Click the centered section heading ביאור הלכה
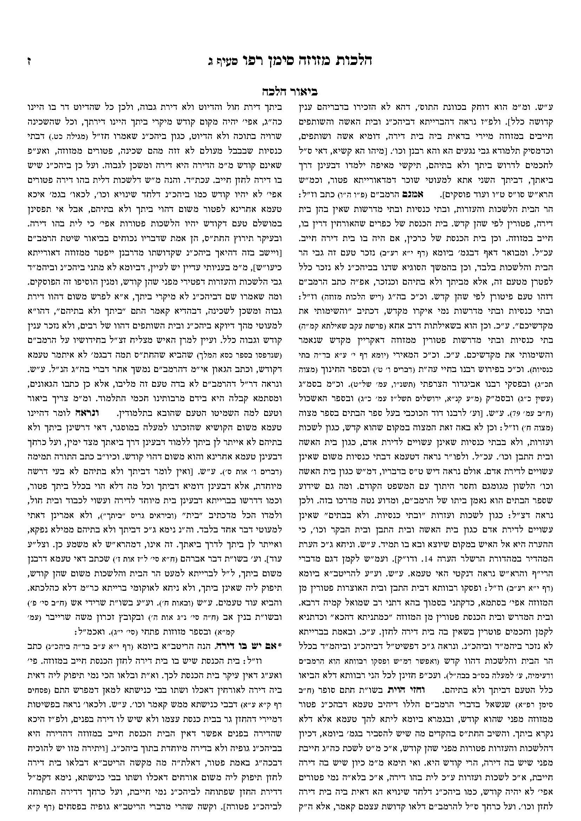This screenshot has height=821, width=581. (x=290, y=92)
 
